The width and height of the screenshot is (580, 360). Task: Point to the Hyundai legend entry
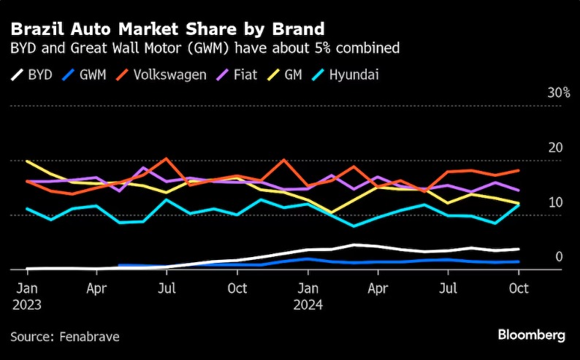(x=354, y=74)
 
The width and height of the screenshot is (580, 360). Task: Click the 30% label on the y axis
(x=559, y=93)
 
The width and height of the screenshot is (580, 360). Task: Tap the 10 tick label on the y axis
(x=556, y=202)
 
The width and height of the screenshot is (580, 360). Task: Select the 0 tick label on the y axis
(x=559, y=256)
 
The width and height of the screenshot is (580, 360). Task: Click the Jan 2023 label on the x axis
(x=27, y=296)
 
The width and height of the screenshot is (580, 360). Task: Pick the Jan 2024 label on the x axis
(x=308, y=296)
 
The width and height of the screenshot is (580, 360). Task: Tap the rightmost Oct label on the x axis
(x=519, y=289)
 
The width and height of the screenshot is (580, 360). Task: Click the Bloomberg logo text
(x=531, y=335)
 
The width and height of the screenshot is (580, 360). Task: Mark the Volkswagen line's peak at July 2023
(x=167, y=158)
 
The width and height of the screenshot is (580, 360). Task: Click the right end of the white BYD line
(x=519, y=249)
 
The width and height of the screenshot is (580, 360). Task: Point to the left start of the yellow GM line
(x=26, y=161)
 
